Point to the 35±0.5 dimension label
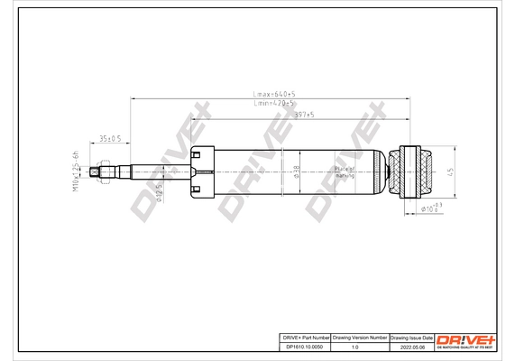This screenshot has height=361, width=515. click(x=111, y=138)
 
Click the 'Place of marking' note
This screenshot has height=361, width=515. click(x=345, y=171)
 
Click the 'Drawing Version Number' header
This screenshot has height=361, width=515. click(x=360, y=337)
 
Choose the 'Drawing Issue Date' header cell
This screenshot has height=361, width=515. click(x=411, y=337)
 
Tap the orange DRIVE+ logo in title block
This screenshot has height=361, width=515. click(x=465, y=339)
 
